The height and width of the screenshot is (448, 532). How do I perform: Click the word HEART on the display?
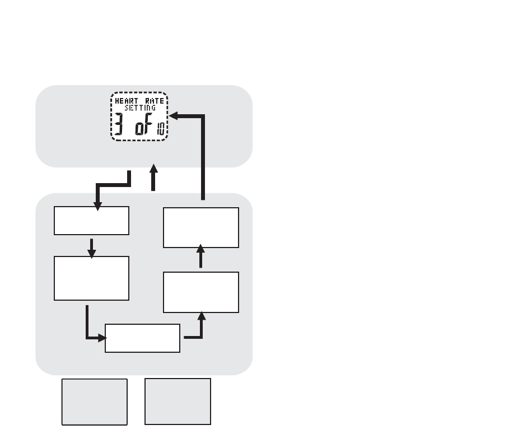[127, 101]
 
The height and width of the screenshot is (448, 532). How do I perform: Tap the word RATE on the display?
[155, 101]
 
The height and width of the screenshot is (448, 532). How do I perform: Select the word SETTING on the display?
[140, 108]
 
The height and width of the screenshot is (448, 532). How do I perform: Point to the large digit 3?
[118, 124]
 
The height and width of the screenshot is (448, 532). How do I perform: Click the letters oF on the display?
[143, 124]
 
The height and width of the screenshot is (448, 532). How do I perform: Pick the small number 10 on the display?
[161, 129]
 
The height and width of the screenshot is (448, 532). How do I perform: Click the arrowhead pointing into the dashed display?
[174, 116]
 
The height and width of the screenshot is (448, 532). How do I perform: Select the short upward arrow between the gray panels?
[153, 178]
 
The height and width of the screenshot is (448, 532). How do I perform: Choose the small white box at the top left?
[92, 221]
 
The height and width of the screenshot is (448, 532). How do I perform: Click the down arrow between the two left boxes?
[92, 249]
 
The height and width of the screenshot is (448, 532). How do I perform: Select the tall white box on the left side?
[92, 278]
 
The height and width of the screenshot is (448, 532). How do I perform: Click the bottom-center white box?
[142, 338]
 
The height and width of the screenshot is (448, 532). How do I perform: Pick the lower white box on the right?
[201, 292]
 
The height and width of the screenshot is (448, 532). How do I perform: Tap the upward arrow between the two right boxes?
[201, 256]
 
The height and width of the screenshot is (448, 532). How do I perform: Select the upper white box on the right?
[201, 228]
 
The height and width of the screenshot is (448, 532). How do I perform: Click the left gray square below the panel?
[94, 402]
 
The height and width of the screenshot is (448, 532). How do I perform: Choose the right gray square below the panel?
[178, 402]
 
